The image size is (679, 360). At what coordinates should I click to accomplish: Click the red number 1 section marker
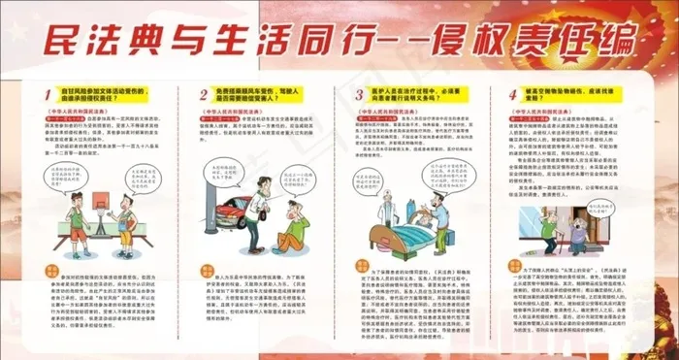click(49, 95)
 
